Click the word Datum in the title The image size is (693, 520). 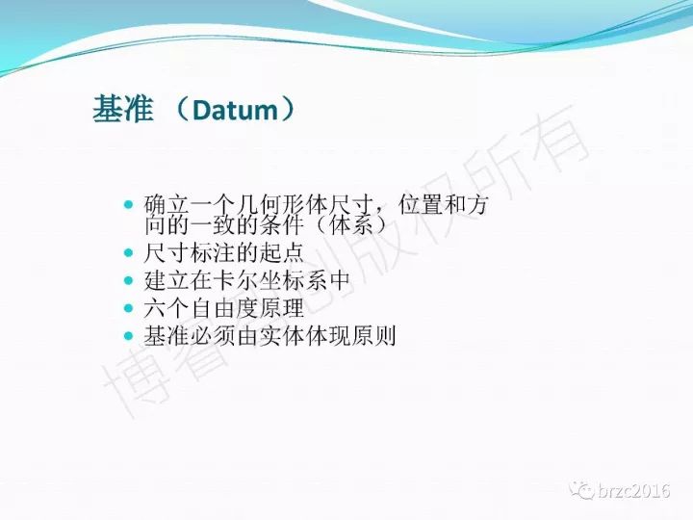[235, 110]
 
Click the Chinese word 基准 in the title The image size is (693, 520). [123, 109]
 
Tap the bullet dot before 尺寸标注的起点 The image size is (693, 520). [129, 253]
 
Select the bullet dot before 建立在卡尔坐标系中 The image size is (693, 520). [129, 280]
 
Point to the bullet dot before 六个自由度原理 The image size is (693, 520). [129, 308]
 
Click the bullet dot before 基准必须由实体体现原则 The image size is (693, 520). [129, 336]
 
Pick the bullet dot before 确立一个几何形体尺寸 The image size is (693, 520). [129, 205]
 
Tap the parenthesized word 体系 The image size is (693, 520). [351, 225]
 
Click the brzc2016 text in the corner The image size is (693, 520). [633, 491]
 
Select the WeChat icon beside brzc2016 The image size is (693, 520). [581, 490]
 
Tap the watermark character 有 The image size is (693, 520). [560, 138]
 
